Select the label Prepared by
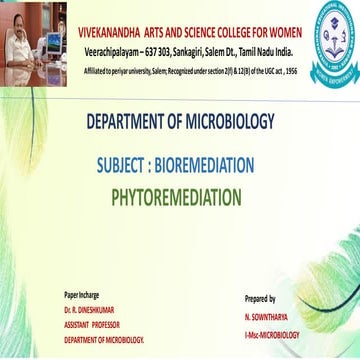pyautogui.click(x=260, y=298)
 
